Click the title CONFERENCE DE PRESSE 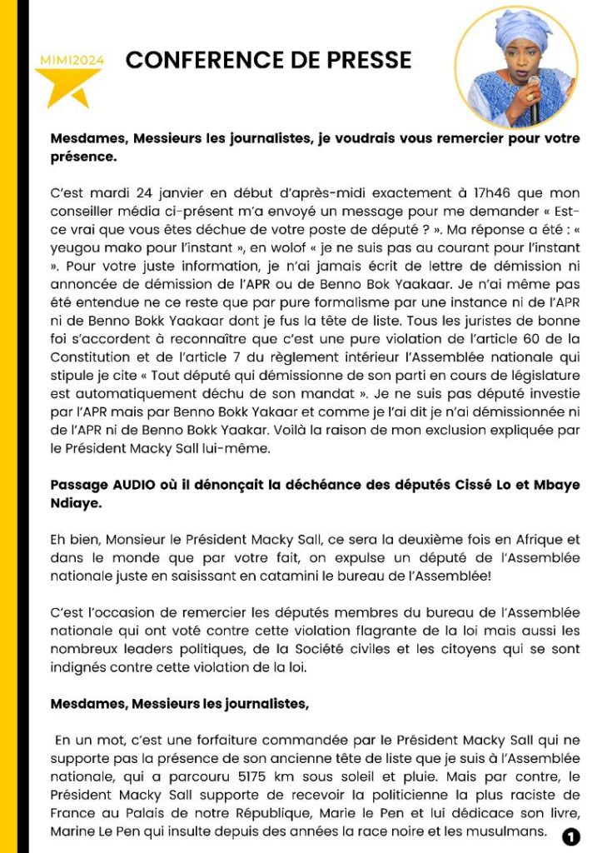tap(268, 60)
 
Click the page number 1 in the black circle tap(570, 836)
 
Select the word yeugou tap(74, 247)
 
